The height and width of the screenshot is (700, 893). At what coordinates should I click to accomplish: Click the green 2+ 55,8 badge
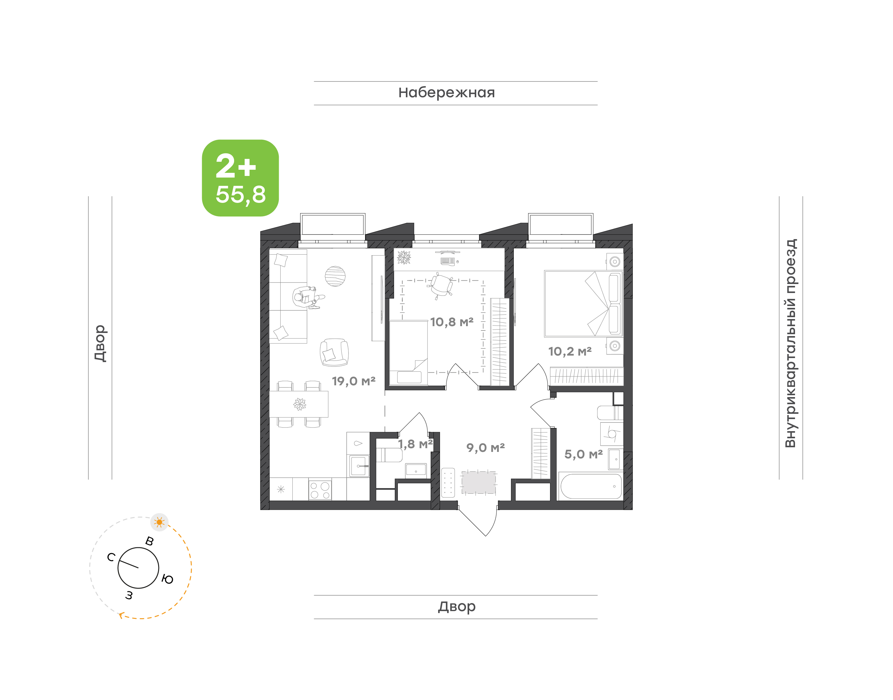tap(240, 178)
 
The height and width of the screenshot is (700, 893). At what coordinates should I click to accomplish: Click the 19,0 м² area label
tap(353, 381)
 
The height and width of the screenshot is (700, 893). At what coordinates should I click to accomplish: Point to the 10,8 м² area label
tap(452, 322)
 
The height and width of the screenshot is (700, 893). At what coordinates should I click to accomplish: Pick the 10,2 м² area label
tap(570, 351)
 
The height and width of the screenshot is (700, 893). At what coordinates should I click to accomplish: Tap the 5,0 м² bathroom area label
tap(583, 454)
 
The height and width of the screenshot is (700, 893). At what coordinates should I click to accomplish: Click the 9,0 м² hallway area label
tap(485, 448)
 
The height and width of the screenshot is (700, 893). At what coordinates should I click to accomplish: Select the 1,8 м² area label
tap(415, 444)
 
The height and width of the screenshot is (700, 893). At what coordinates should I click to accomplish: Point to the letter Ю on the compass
tap(167, 579)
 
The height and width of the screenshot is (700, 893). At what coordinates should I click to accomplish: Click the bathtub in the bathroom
tap(591, 487)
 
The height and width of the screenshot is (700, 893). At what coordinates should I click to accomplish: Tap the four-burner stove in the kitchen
tap(320, 490)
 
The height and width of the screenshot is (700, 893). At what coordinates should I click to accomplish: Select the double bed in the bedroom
tap(583, 304)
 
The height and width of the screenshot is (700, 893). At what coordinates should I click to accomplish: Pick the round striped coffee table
tap(335, 276)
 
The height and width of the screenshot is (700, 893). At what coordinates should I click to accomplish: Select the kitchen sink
tap(358, 466)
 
